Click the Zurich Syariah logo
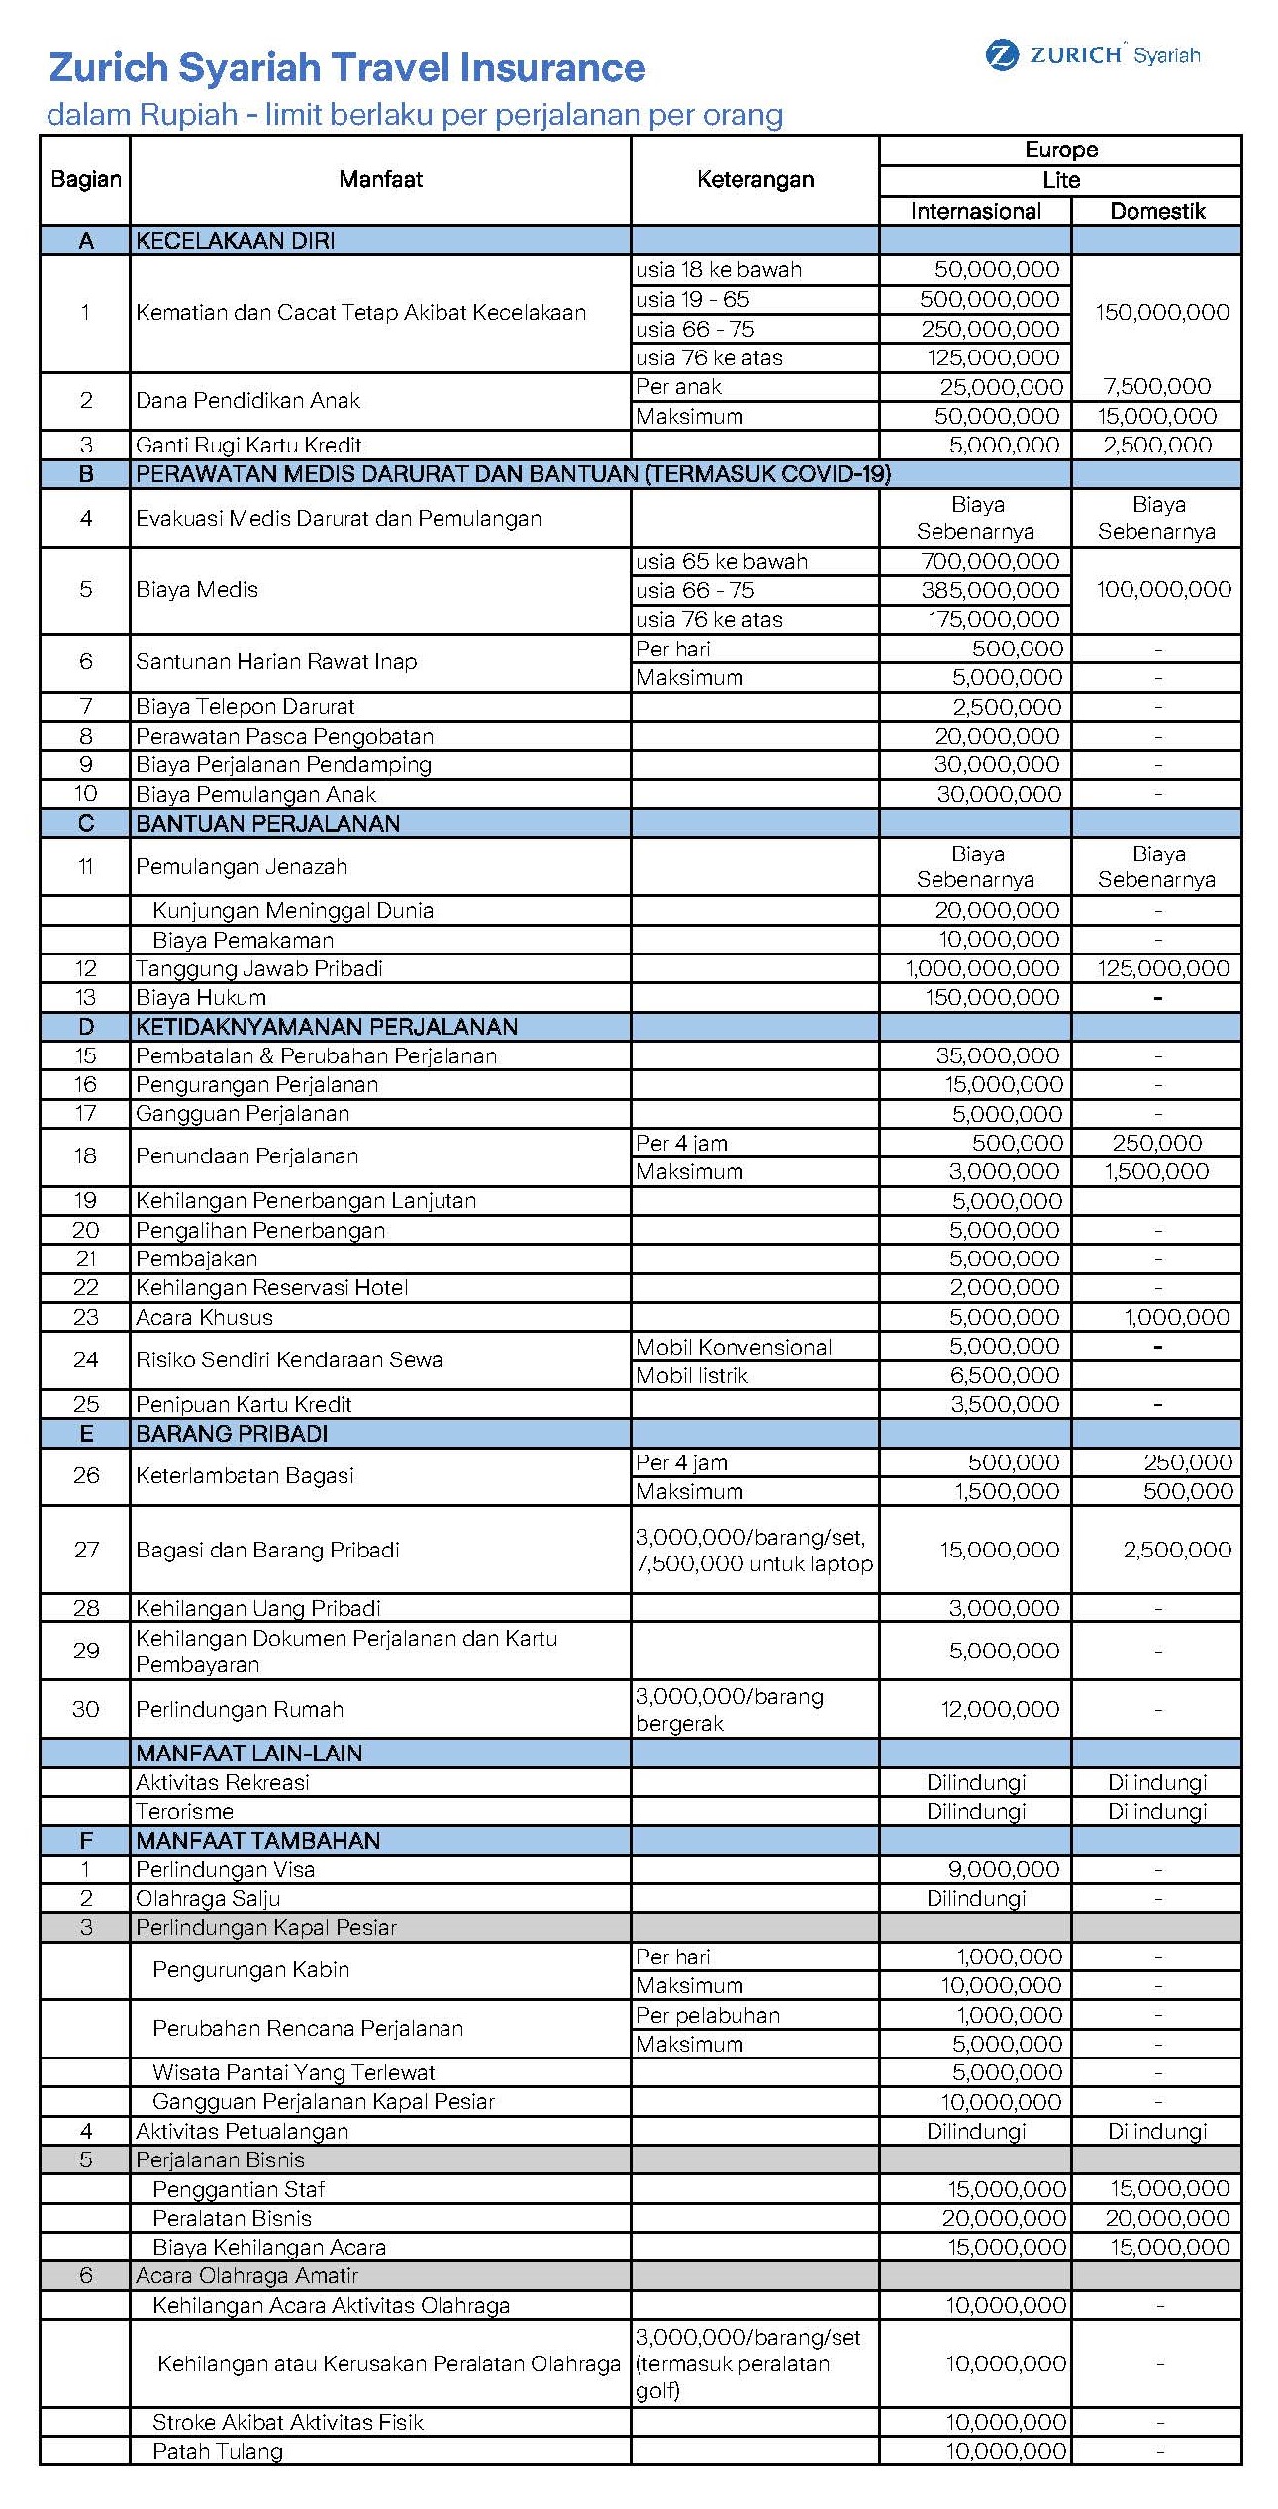pos(1093,54)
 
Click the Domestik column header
pos(1157,211)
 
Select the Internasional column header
pos(975,211)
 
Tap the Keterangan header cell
pos(754,179)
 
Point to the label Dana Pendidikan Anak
pos(247,400)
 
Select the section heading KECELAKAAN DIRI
pos(235,241)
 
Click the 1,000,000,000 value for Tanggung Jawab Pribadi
pos(982,968)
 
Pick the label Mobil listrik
pos(692,1375)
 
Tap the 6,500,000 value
pos(1004,1375)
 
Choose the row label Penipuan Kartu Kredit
pos(244,1404)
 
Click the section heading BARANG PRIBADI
pos(233,1433)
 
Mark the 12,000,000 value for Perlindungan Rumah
pos(1000,1709)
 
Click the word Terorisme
pos(185,1811)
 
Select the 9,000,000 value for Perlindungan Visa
pos(1004,1869)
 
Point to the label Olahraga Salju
pos(208,1898)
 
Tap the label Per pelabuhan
pos(708,2015)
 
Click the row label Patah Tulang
pos(218,2451)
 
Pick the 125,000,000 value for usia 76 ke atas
pos(992,357)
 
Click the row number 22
pos(86,1287)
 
